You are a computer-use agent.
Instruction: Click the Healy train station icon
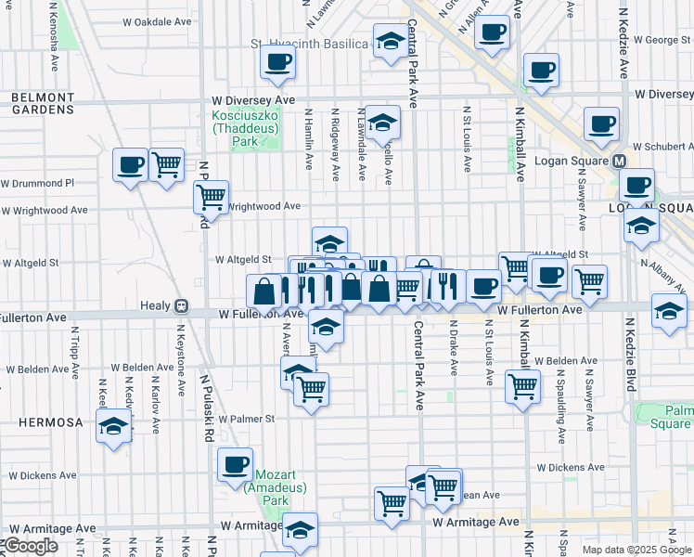[182, 305]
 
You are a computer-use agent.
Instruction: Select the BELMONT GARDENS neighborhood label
[43, 103]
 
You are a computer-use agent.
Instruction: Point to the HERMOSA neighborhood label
[50, 422]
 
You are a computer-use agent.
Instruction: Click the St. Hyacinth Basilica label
[309, 45]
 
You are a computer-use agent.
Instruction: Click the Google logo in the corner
[30, 546]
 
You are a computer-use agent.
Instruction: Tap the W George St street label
[659, 40]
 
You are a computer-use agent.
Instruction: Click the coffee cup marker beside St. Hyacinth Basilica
[276, 63]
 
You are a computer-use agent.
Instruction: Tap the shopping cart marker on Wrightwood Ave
[211, 198]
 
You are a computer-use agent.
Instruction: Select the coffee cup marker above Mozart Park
[235, 464]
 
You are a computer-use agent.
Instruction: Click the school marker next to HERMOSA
[114, 426]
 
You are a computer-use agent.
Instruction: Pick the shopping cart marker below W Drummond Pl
[165, 165]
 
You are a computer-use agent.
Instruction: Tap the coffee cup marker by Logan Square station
[637, 185]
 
